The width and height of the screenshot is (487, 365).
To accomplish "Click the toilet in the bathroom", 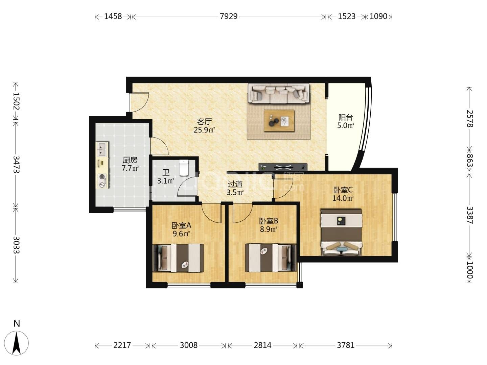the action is [184, 168].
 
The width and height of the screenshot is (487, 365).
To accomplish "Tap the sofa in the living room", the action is [278, 93].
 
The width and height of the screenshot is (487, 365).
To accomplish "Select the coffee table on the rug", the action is [279, 121].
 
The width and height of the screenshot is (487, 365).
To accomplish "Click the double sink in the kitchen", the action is [102, 149].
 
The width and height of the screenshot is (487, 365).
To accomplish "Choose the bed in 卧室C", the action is [341, 232].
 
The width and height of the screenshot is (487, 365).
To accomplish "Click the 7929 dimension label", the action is [229, 16].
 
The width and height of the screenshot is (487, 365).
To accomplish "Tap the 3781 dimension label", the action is [345, 345].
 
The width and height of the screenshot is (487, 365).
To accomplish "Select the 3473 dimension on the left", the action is [16, 165].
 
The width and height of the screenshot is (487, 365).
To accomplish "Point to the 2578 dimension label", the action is [469, 118].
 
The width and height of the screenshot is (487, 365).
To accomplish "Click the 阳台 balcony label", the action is [345, 117].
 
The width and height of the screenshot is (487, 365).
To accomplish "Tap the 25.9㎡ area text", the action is [204, 130].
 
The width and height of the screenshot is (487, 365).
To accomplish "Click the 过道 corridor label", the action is [235, 184].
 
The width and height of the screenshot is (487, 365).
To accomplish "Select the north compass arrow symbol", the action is [16, 343].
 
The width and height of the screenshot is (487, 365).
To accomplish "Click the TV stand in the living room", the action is [283, 167].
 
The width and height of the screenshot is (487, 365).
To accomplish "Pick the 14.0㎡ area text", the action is [343, 198].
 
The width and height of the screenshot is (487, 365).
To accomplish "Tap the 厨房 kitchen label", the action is [130, 160].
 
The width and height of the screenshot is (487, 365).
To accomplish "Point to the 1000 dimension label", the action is [469, 270].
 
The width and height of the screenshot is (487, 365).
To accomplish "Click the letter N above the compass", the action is [17, 323].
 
